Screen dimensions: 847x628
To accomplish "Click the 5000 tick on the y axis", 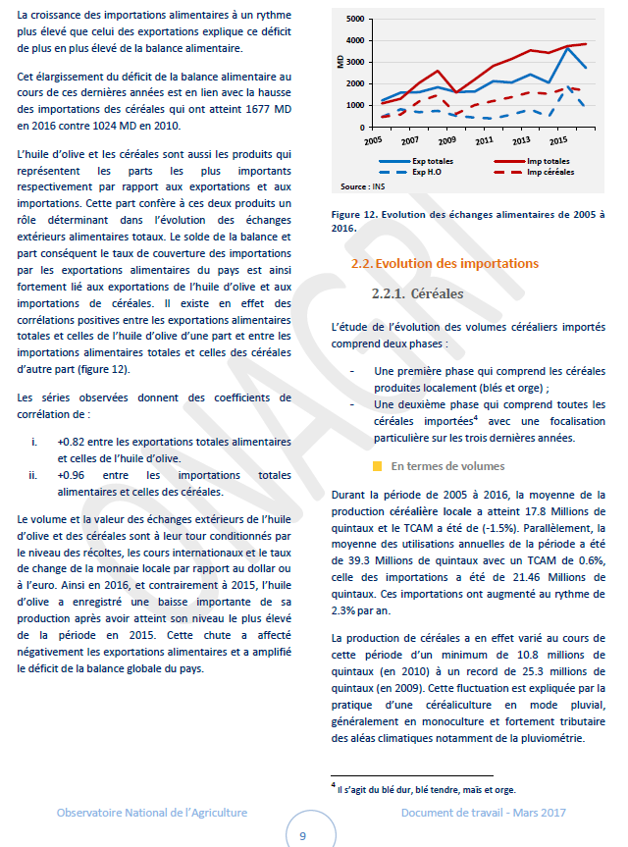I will tap(355, 19).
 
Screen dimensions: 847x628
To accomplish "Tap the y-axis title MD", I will tap(340, 62).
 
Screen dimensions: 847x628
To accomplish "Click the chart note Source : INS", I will tap(362, 185).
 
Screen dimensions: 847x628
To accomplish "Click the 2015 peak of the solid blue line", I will tap(565, 48).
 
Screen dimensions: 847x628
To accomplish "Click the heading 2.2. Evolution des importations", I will tap(445, 263).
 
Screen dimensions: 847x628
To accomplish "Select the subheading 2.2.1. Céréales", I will tap(417, 292).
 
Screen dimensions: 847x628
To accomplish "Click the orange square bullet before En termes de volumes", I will tap(378, 466).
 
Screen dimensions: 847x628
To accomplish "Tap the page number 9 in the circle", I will tap(302, 835).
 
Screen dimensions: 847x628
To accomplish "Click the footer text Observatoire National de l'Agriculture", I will tap(151, 813).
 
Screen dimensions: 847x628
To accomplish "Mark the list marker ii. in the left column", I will tap(35, 475).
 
